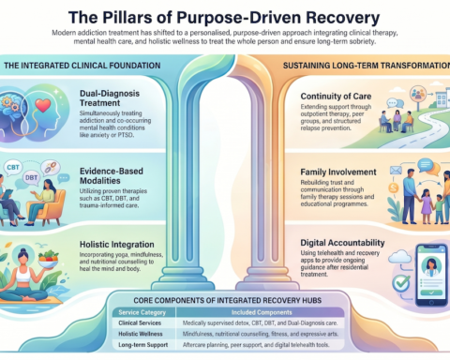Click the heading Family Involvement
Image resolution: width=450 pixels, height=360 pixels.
click(x=329, y=172)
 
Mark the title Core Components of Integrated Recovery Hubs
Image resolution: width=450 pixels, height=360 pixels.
click(x=231, y=301)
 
